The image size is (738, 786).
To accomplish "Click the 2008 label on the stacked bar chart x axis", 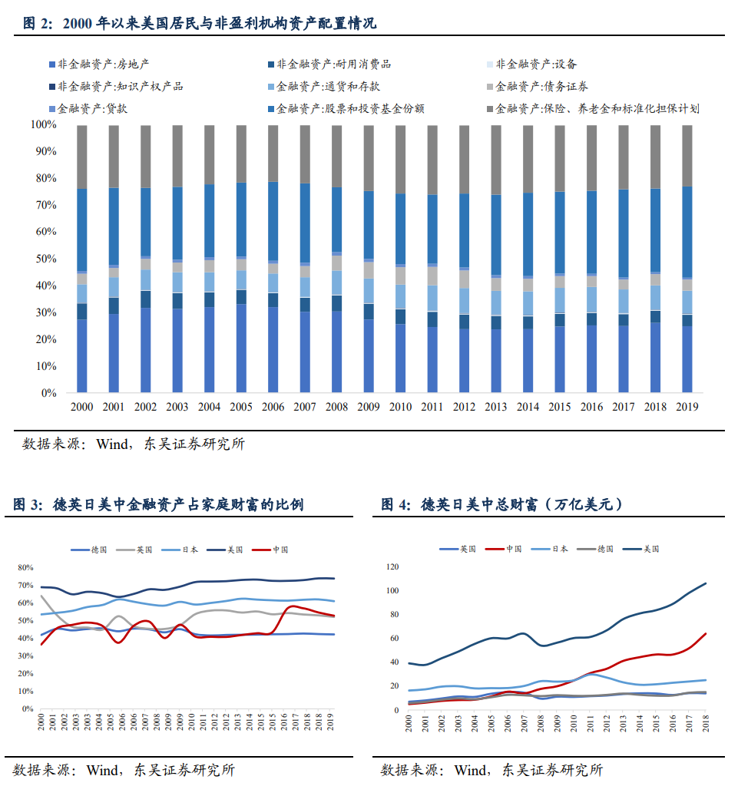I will point(336,408).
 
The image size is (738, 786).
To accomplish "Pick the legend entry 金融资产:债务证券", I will point(537,87).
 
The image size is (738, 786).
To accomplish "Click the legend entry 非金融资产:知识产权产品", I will point(115,87).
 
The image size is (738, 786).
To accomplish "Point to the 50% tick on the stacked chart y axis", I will point(43,259).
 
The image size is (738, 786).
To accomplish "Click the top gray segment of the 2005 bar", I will point(241,153).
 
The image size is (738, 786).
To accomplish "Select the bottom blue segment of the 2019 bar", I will point(687,359).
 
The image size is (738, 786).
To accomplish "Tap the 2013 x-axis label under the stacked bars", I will point(495,408).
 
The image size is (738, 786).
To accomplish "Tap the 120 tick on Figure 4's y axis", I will point(393,567).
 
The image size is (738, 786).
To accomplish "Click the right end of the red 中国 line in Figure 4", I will point(705,634).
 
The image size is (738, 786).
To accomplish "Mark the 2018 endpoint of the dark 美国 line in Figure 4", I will point(705,583).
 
